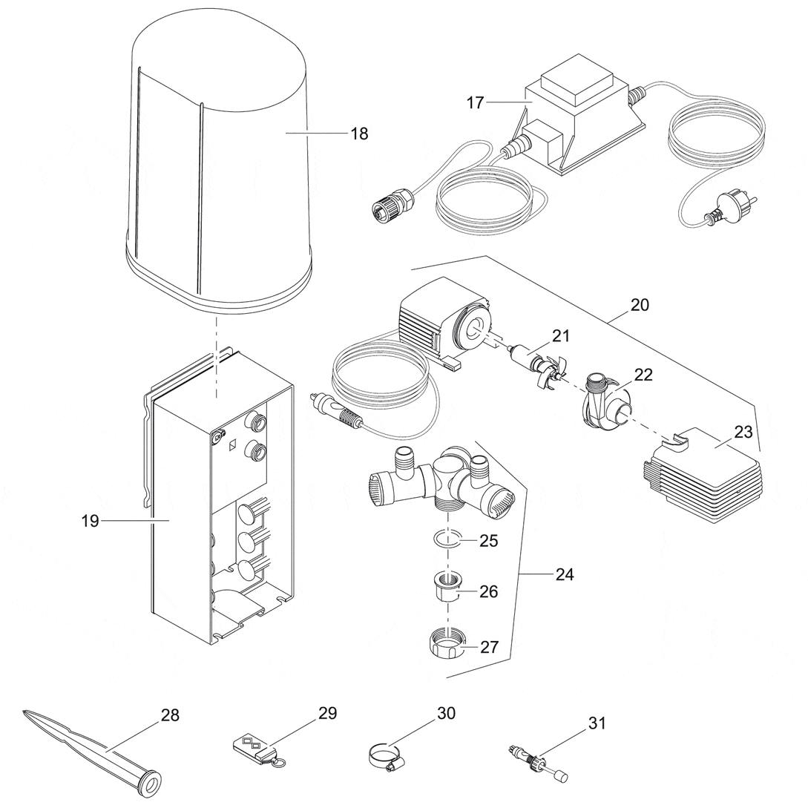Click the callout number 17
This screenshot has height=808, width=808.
[x=476, y=103]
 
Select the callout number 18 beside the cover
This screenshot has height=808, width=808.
[x=359, y=134]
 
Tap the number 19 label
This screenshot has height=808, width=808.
[x=90, y=522]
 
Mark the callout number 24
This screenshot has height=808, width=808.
[x=564, y=575]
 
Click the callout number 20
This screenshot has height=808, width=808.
[x=640, y=304]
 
